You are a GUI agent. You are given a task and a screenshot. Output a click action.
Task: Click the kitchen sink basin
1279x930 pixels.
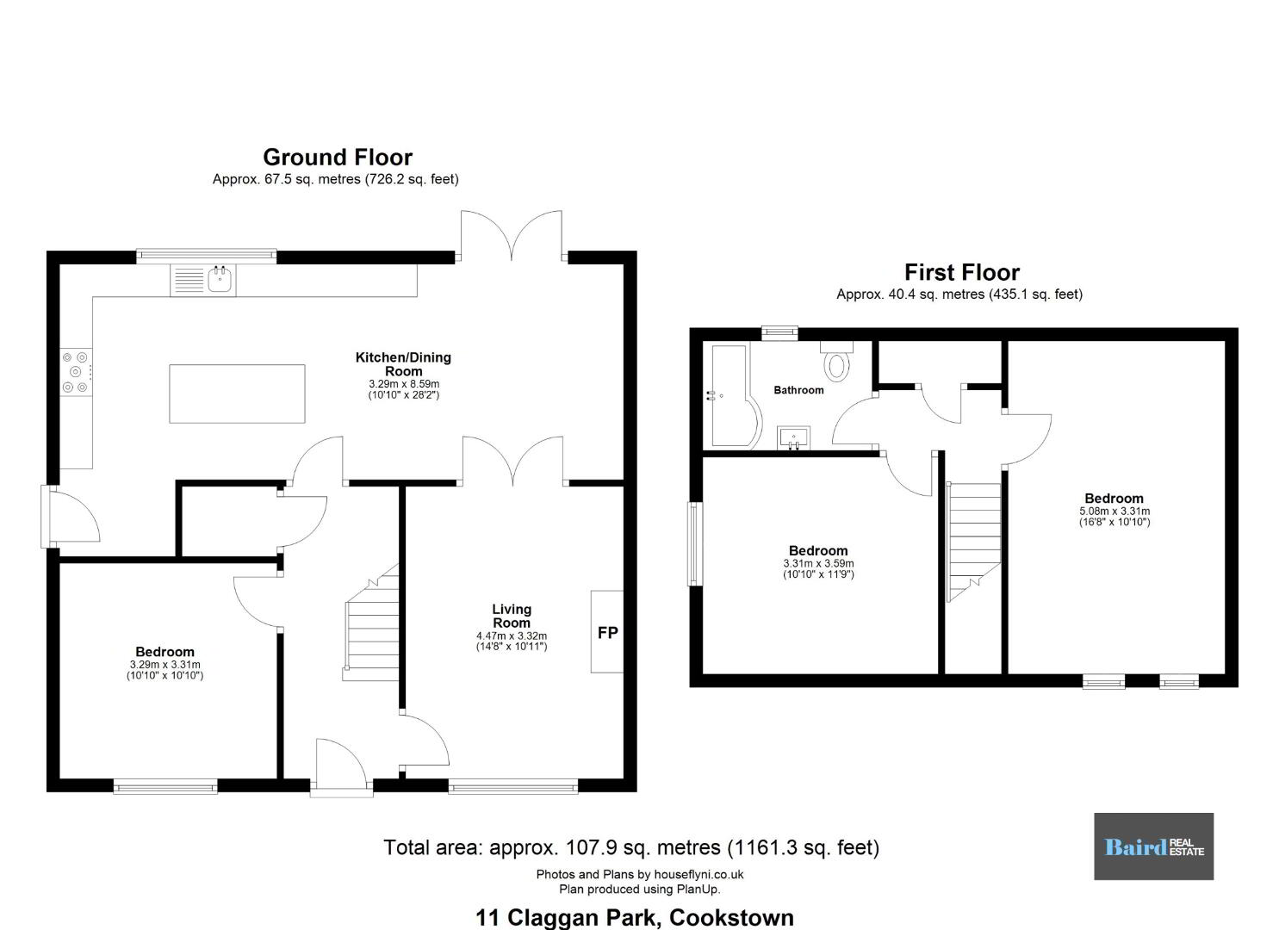point(220,280)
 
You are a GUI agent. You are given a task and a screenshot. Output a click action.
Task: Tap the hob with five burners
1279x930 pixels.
point(76,372)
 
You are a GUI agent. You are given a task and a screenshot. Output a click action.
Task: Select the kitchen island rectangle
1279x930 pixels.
point(237,394)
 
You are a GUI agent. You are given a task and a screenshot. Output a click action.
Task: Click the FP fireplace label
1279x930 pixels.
point(607,633)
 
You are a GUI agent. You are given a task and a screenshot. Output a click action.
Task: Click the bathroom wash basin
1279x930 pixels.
point(793,438)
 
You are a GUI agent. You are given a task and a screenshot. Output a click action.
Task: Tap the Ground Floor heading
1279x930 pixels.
point(338,157)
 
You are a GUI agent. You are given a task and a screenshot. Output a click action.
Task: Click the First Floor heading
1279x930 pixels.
point(962,272)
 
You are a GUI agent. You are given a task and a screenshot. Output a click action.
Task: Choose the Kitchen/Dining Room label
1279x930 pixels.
point(403,364)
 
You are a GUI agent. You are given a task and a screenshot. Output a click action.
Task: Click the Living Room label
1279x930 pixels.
point(512,616)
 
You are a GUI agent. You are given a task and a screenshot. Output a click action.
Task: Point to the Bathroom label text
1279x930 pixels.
point(798,390)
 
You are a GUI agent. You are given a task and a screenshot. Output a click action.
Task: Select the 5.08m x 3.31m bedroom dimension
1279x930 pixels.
point(1114,511)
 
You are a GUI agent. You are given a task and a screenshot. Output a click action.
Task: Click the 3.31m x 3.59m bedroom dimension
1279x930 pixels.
point(818,563)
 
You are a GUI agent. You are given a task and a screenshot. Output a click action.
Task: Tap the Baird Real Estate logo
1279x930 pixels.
point(1153,846)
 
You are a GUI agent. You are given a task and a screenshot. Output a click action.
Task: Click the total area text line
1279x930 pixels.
point(631,848)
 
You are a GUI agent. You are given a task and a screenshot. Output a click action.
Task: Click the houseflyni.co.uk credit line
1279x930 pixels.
point(639,874)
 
